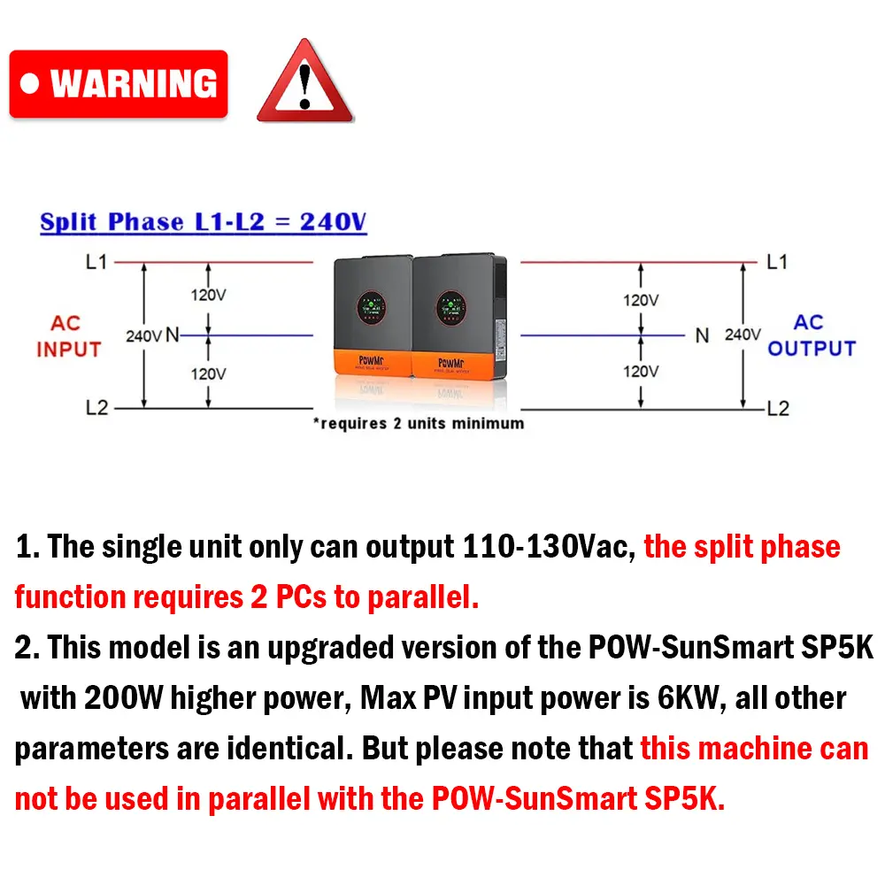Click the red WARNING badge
pos(119,84)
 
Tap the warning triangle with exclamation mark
pos(304,83)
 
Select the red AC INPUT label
pos(68,336)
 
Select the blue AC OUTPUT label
pos(811,335)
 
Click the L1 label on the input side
pos(96,262)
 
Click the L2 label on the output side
pos(778,409)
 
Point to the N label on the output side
pos(702,336)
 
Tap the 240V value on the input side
pos(143,336)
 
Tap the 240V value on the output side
pos(743,335)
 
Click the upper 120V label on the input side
pos(208,295)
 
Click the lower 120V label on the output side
pos(640,372)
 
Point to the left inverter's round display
pos(371,307)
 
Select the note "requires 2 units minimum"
pos(418,423)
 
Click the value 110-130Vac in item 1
pos(549,547)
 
